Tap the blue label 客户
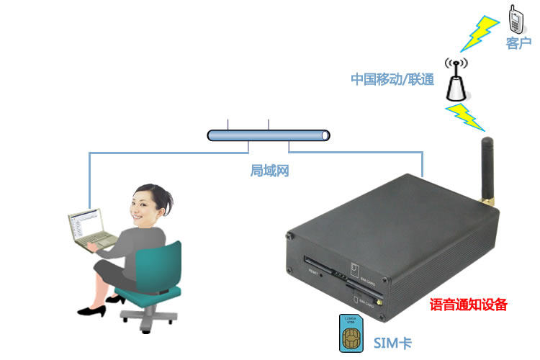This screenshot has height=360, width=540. click(x=518, y=44)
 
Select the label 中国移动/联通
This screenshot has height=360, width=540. click(x=392, y=79)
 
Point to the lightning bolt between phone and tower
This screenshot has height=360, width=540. click(x=479, y=34)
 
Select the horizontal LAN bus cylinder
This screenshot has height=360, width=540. click(x=269, y=135)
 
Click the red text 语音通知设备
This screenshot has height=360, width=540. click(x=469, y=305)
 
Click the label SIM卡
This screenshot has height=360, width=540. click(x=392, y=341)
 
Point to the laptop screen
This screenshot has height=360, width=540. click(x=85, y=226)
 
